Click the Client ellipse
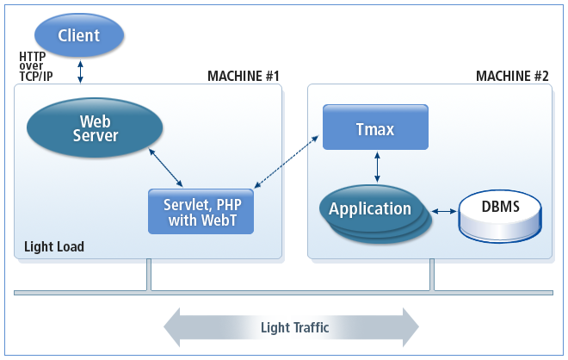[x=79, y=35]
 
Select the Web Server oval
[x=94, y=128]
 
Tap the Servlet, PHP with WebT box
[x=202, y=211]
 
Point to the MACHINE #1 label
[x=244, y=77]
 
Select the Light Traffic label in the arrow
[x=294, y=327]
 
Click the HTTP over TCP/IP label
[x=34, y=66]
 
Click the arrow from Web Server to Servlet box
[x=166, y=168]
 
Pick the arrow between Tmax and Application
[x=376, y=168]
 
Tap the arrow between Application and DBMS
[x=443, y=211]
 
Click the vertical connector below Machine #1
[x=149, y=275]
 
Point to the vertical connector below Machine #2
[x=432, y=275]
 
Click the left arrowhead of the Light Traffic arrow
[x=175, y=327]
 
